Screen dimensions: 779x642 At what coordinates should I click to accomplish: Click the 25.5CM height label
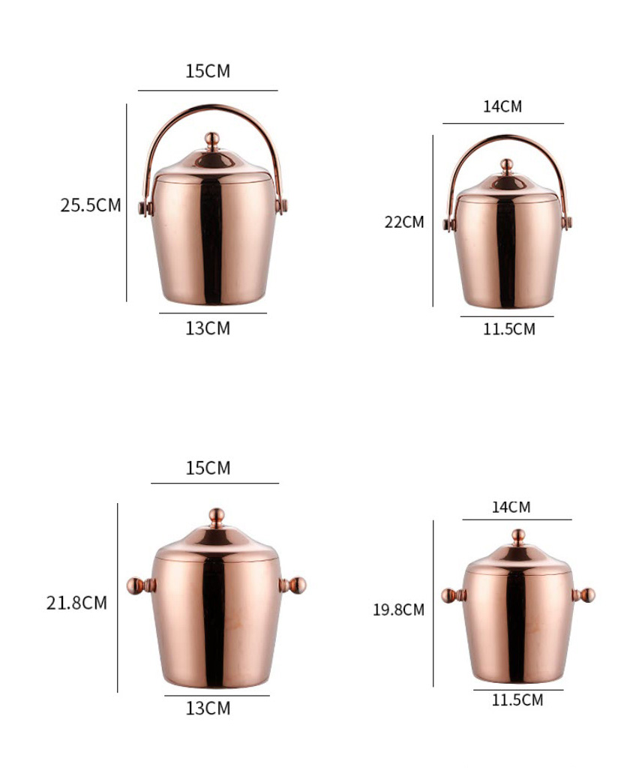(90, 205)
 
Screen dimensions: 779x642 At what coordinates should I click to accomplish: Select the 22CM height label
(404, 222)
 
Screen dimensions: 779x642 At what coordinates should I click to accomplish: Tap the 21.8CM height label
(76, 603)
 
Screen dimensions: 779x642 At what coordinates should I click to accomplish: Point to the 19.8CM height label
(398, 610)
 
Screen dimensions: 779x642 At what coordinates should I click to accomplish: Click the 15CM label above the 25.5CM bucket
(208, 72)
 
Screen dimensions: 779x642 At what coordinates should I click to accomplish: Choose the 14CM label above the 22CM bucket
(502, 106)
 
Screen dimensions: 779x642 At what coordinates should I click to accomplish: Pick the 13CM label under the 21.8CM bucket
(208, 709)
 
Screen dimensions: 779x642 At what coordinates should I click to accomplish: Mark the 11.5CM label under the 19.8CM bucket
(517, 700)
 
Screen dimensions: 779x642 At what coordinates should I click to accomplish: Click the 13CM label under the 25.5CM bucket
(208, 328)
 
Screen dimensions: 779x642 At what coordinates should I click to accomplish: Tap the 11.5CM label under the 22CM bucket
(509, 329)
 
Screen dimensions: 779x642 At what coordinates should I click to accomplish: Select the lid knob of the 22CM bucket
(507, 164)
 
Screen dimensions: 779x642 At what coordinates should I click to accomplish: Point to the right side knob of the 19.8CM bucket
(586, 595)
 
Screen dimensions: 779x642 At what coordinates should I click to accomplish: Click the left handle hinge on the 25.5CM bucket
(143, 206)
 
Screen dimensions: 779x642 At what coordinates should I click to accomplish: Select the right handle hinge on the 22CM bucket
(567, 222)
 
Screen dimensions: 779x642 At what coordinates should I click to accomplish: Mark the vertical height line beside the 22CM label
(433, 221)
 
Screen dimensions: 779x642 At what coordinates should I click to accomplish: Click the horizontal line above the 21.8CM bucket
(214, 483)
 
